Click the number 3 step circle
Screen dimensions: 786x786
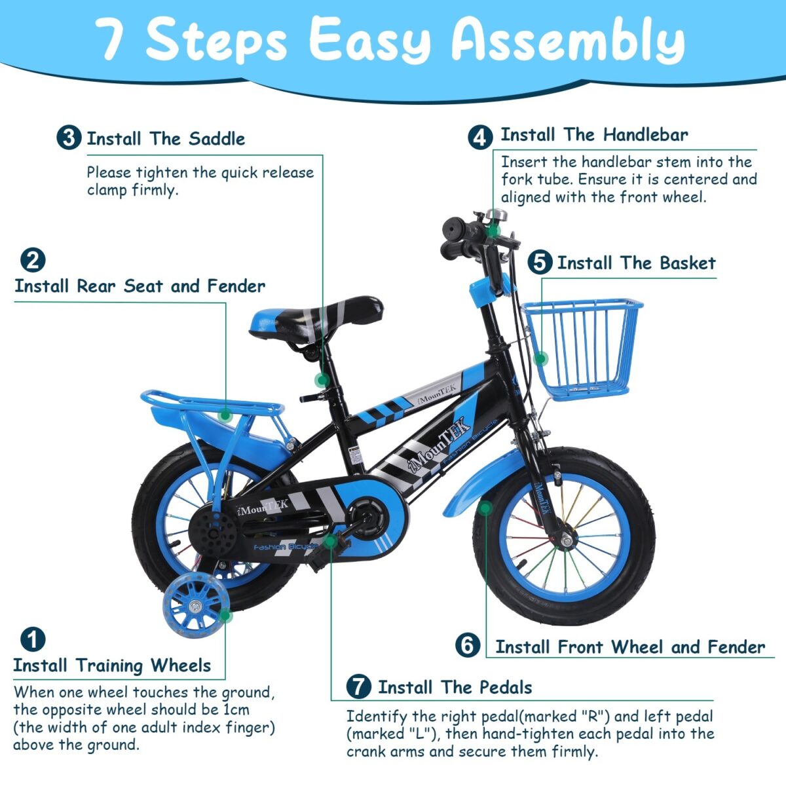pos(69,138)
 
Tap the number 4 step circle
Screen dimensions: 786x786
pos(480,137)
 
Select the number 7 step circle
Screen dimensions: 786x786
pos(358,687)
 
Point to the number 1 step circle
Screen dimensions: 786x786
pos(32,640)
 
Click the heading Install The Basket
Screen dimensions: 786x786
pos(636,263)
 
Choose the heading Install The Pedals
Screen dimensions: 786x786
pos(455,687)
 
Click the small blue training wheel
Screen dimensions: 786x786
pos(195,606)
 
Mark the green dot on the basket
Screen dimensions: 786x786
pos(540,358)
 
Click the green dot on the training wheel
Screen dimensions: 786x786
pos(225,615)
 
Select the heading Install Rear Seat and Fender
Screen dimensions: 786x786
pos(140,286)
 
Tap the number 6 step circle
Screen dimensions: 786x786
pos(468,645)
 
